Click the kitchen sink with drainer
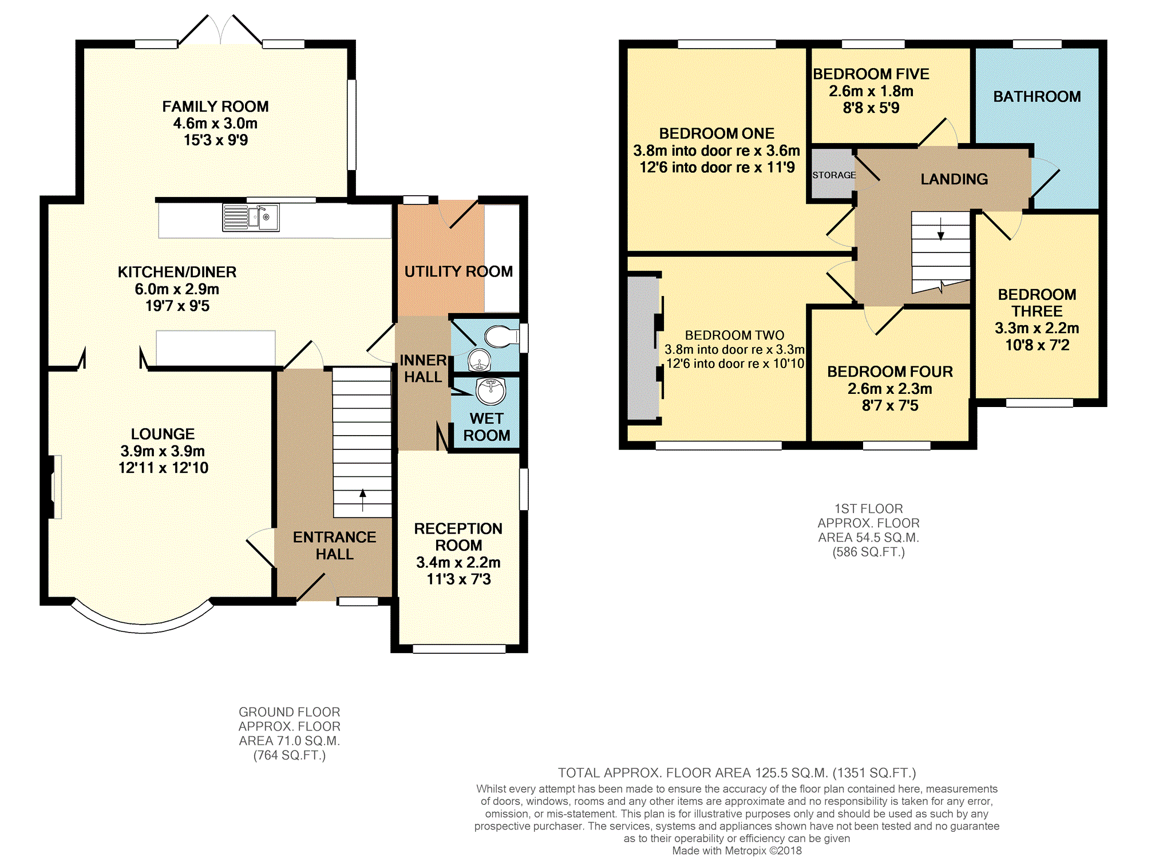tap(251, 218)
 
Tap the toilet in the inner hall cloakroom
tap(499, 337)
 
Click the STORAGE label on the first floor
tap(834, 175)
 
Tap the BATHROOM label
tap(1037, 97)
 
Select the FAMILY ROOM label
tap(215, 106)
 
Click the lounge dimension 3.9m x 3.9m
tap(163, 451)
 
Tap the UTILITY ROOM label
tap(458, 271)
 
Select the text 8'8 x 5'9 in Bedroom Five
tap(871, 108)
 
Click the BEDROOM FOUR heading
tap(890, 372)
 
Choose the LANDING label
tap(954, 179)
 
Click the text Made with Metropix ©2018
tap(737, 851)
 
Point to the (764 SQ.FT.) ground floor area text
tap(289, 756)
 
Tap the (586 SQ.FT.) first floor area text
tap(868, 552)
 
